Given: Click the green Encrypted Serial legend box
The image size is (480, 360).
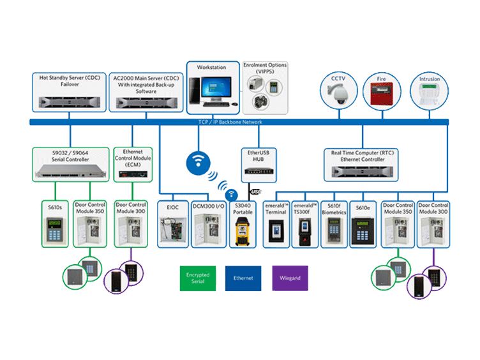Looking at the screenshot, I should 197,278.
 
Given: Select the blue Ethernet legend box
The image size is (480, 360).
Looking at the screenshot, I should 243,278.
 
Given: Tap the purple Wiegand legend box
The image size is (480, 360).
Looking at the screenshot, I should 290,278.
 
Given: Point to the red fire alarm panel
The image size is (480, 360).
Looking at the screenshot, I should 381,99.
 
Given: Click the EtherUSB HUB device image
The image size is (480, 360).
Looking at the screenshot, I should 259,172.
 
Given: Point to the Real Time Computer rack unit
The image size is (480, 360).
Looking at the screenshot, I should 363,170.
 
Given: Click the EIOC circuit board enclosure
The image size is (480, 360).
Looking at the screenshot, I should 173,231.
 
